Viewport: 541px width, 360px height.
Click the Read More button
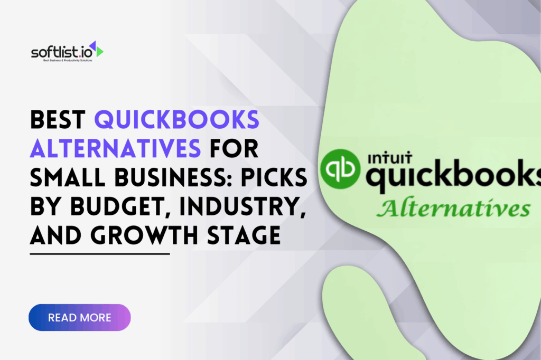tap(79, 317)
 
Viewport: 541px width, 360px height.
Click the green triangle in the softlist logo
tap(99, 51)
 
